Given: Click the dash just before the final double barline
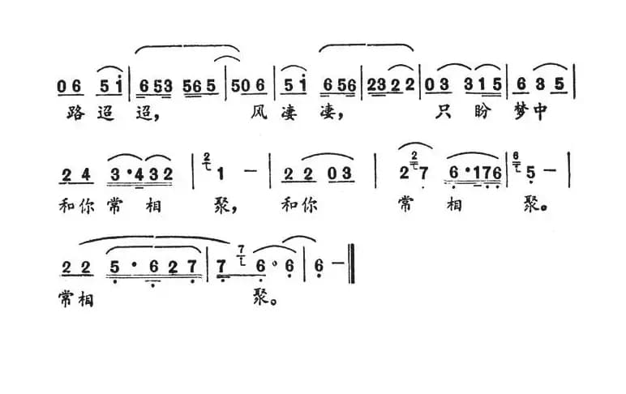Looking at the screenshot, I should pyautogui.click(x=339, y=267).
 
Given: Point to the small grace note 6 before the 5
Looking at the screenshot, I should pyautogui.click(x=518, y=163).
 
